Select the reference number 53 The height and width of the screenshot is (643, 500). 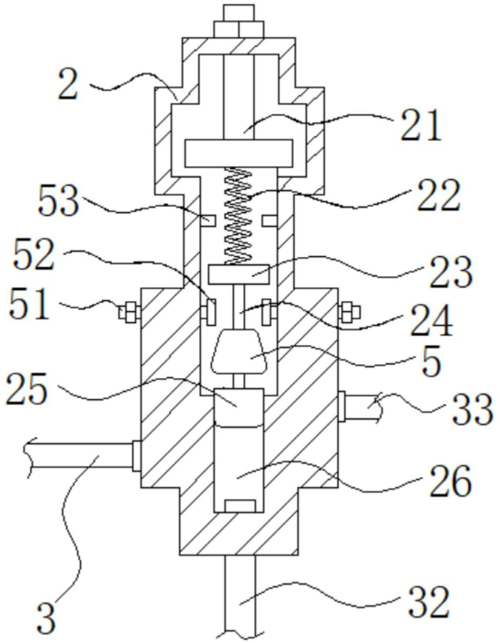(x=59, y=201)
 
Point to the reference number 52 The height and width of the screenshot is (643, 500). (x=34, y=254)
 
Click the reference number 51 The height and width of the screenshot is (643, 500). (x=29, y=304)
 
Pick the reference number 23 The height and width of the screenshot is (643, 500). (x=451, y=272)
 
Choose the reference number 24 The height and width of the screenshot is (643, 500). (x=431, y=321)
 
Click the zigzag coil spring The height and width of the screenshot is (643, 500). (x=239, y=216)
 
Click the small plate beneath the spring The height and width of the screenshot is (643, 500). (x=239, y=274)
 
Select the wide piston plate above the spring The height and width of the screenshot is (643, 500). (x=239, y=153)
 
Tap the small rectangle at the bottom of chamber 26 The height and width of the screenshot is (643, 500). (x=239, y=506)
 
